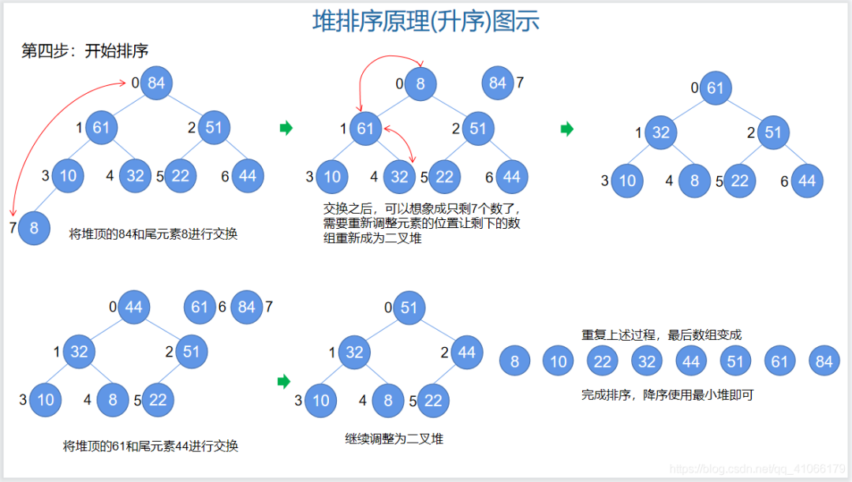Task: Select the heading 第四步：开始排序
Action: coord(84,51)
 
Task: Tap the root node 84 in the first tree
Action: coord(156,83)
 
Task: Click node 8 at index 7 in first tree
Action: coord(33,228)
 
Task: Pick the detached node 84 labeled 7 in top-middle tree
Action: coord(498,82)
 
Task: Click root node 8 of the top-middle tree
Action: coord(420,83)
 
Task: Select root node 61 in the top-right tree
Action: coord(715,88)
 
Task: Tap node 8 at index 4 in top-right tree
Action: coord(694,181)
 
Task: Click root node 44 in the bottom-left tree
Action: coord(133,306)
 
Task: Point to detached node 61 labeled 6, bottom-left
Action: coord(200,306)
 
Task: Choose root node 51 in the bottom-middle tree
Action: coord(408,307)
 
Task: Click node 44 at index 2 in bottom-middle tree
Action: coord(467,353)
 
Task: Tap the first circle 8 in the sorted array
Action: coord(515,361)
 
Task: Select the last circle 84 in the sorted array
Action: coord(824,361)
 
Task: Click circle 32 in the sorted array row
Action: coord(647,361)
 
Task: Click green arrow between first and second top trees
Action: coord(286,128)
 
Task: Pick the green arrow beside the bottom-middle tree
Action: coord(284,382)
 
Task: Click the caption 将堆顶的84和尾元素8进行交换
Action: coord(153,234)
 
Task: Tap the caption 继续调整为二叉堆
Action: coord(394,439)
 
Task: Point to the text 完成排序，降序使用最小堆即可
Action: coord(667,394)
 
